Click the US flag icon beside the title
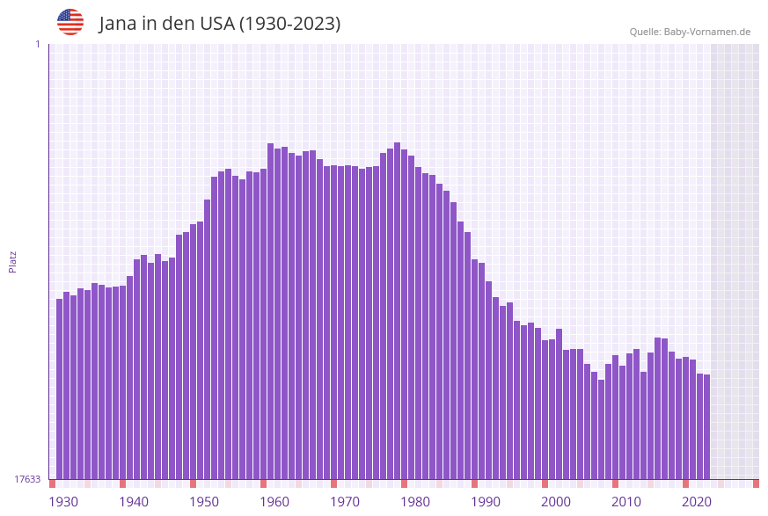coord(70,22)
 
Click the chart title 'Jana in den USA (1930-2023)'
coord(219,24)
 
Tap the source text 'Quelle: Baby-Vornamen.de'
coord(690,32)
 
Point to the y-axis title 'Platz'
coord(13,261)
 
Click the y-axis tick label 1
coord(37,44)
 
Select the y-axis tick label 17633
coord(26,479)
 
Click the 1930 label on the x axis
coord(63,502)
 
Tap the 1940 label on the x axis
coord(134,502)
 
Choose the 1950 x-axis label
coord(204,502)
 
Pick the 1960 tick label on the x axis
coord(274,502)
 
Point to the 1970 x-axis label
coord(345,502)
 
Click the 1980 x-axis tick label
coord(415,502)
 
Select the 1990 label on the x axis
coord(486,502)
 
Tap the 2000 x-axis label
coord(556,502)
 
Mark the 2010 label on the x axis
coord(626,502)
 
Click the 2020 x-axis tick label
coord(697,502)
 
